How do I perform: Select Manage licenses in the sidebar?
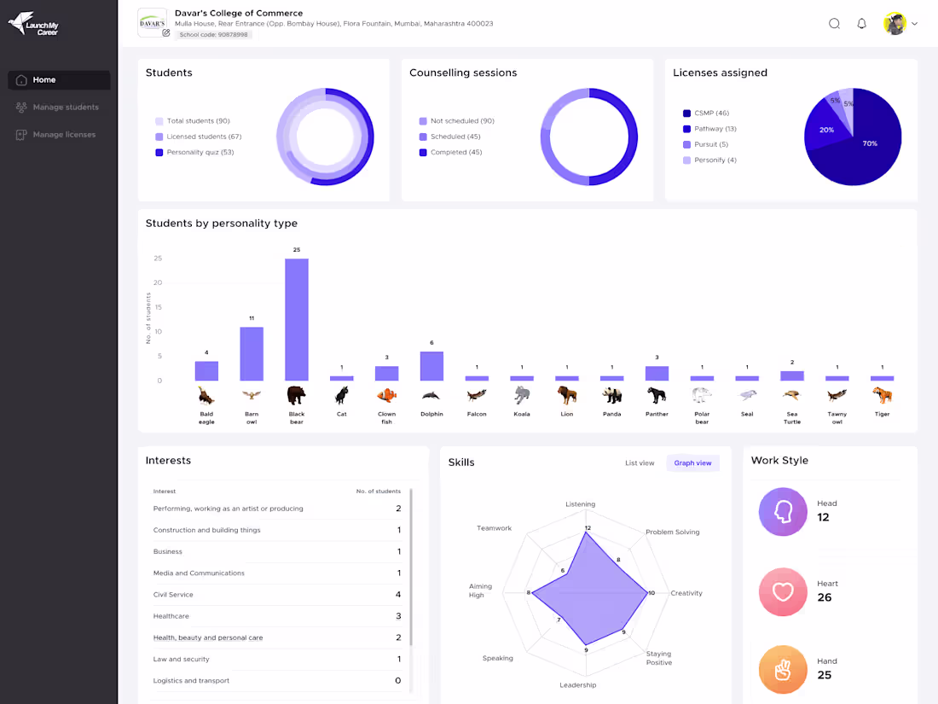pos(64,135)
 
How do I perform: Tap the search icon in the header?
pos(834,24)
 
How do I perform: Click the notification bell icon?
pos(861,24)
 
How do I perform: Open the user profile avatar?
pos(895,24)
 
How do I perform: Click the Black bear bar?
pos(297,319)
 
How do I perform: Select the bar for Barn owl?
pos(252,353)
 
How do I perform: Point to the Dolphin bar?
pos(431,366)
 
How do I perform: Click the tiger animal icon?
pos(882,395)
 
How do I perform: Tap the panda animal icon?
pos(611,395)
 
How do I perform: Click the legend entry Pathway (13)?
pos(715,129)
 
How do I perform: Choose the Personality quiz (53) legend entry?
pos(200,153)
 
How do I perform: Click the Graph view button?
pos(692,463)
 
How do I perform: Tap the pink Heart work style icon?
pos(783,591)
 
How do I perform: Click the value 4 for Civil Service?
pos(397,595)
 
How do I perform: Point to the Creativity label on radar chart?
pos(686,593)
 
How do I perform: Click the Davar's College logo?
pos(152,22)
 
